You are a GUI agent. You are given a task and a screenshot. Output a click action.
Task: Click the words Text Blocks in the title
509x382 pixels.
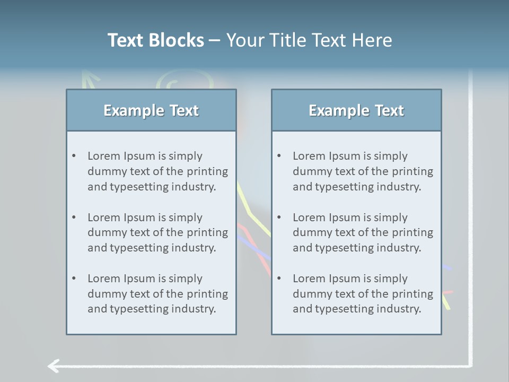(155, 40)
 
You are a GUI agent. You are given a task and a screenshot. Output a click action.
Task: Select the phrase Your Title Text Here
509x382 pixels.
(309, 40)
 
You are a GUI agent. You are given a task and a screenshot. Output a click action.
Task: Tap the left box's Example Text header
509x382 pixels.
(151, 110)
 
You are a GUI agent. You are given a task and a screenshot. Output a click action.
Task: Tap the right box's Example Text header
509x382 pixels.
(356, 110)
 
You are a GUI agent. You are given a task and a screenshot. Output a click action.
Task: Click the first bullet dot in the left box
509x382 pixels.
(74, 156)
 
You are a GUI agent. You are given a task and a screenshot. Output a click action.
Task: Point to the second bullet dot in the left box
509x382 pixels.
(74, 218)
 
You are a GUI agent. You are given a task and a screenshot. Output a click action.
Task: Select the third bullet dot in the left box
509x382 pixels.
(74, 279)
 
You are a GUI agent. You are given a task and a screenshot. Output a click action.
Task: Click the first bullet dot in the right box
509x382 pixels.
(279, 156)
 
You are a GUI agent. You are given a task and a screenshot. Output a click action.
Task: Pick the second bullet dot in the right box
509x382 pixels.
(279, 218)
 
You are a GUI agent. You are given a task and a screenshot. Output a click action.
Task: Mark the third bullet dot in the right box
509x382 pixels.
(279, 279)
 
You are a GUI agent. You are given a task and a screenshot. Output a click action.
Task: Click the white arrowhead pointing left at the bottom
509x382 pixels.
(52, 366)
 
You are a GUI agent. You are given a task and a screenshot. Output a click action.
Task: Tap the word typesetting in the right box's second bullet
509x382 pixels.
(338, 248)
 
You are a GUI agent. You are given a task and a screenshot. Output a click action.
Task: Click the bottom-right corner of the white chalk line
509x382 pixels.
(470, 365)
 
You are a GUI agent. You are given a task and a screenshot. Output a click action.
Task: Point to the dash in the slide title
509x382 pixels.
(215, 41)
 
